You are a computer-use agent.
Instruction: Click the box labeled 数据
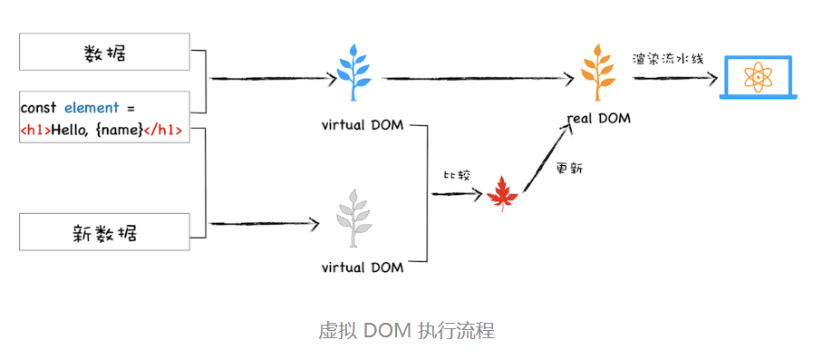coord(104,53)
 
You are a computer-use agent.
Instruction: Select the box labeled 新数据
coord(104,232)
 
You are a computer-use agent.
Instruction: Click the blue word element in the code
coord(92,108)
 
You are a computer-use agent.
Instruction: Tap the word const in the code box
coord(39,108)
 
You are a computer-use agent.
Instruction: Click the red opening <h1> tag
coord(35,130)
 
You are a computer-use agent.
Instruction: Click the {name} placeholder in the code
coord(120,130)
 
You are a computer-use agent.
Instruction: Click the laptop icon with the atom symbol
coord(757,78)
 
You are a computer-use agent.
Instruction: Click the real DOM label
coord(598,119)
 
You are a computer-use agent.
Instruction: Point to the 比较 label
coord(457,174)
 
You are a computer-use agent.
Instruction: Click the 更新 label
coord(569,169)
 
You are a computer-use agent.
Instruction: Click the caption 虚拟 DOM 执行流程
coord(406,330)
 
